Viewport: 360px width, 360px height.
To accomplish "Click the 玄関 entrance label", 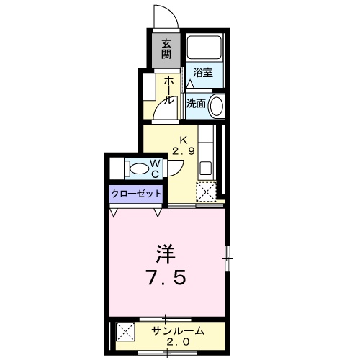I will pyautogui.click(x=166, y=49).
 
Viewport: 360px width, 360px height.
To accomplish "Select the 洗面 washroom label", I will pyautogui.click(x=196, y=103).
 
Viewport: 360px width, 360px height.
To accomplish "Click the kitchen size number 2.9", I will pyautogui.click(x=183, y=151).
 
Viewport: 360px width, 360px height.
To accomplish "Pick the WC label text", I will pyautogui.click(x=155, y=168).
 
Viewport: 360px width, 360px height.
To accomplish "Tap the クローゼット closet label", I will pyautogui.click(x=136, y=194).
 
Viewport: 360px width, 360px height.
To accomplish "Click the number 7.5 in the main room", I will pyautogui.click(x=167, y=277).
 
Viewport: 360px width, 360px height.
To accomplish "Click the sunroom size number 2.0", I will pyautogui.click(x=179, y=343).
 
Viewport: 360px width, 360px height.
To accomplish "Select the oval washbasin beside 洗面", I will pyautogui.click(x=217, y=104).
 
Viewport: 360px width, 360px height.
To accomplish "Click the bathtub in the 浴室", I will pyautogui.click(x=204, y=48).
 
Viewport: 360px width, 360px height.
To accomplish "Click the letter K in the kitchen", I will pyautogui.click(x=183, y=140).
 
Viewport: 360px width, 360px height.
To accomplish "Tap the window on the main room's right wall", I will pyautogui.click(x=227, y=257).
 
